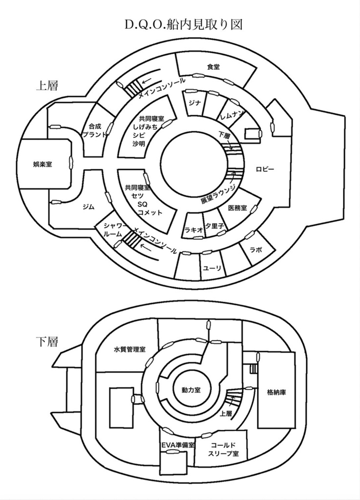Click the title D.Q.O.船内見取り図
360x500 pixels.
180,24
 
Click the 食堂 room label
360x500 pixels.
213,67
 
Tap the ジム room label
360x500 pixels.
88,207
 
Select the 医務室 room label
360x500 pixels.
237,208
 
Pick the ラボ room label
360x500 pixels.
255,250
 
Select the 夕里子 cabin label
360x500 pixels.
214,227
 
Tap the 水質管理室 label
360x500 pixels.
129,350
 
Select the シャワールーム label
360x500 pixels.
113,229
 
